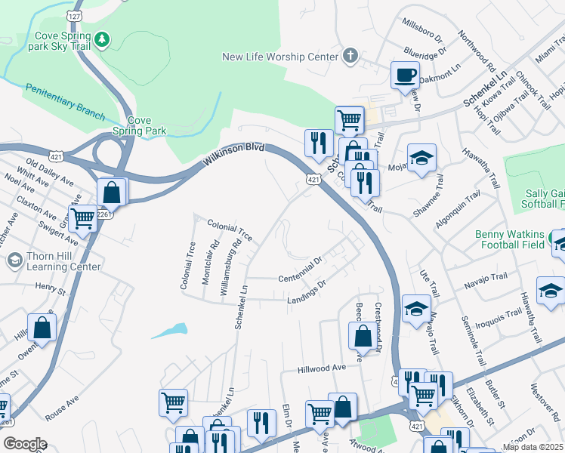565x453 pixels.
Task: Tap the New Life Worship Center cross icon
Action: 349,55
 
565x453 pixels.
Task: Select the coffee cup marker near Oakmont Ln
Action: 404,75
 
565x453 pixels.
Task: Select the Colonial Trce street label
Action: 230,230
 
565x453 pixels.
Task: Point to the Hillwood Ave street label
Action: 321,368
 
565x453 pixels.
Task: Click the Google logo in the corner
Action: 24,444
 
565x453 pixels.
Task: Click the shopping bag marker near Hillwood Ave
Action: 363,337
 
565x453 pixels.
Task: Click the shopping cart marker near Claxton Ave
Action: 82,218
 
